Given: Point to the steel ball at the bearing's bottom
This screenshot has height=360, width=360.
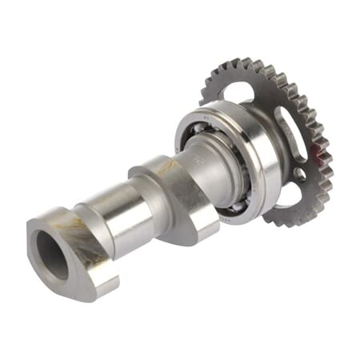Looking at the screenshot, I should (235, 210).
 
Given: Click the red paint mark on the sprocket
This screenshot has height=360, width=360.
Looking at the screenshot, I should (323, 157).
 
